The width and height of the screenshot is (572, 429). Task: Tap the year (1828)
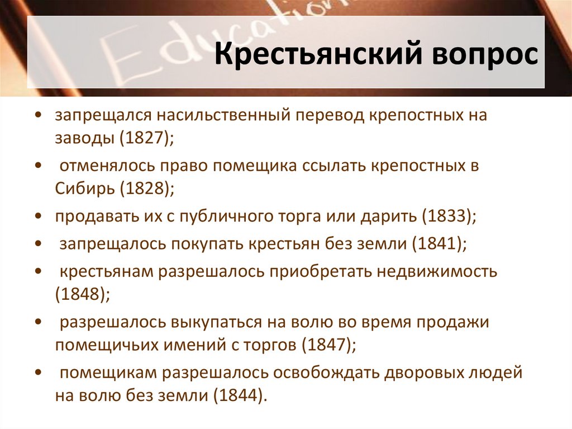(146, 187)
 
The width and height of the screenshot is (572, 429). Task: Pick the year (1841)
(438, 244)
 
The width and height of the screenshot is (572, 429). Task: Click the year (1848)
(83, 295)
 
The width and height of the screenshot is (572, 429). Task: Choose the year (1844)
(241, 395)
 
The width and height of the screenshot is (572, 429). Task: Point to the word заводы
(83, 138)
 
